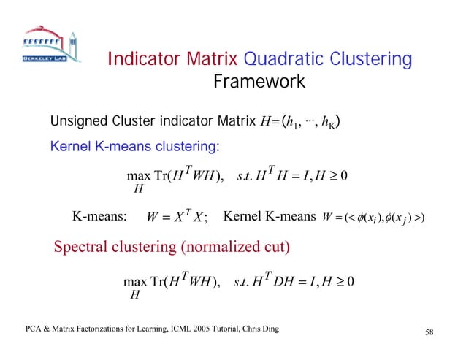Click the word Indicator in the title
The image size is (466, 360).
145,59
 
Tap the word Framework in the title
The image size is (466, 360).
259,82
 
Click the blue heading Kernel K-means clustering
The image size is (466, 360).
134,146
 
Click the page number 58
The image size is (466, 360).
429,333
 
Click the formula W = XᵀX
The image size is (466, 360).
175,216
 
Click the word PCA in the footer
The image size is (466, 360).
28,330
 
